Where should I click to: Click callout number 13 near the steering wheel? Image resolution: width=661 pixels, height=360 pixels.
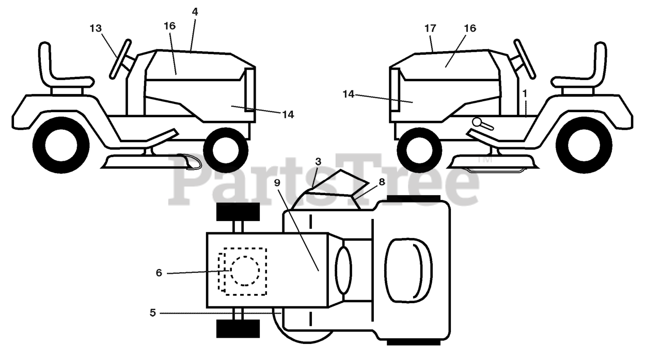coord(96,28)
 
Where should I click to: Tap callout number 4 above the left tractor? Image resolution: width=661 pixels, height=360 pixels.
coord(195,11)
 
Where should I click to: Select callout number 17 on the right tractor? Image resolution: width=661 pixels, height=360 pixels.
coord(430,28)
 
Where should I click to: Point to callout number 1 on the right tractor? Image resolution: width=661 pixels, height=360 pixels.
coord(525,93)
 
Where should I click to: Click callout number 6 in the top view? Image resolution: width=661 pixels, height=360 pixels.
coord(159,273)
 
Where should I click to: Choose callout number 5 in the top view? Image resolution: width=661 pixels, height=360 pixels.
coord(152,312)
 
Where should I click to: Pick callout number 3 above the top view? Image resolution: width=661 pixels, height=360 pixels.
coord(318,162)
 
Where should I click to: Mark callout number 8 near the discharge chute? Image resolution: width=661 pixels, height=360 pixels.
coord(382,182)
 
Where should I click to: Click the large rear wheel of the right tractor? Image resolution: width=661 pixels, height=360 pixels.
coord(590,145)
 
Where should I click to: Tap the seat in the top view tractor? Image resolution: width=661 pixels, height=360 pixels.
coord(408,270)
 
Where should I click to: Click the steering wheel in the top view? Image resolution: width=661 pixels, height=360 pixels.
coord(343,270)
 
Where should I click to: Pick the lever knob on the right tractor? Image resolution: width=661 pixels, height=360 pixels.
coord(477,122)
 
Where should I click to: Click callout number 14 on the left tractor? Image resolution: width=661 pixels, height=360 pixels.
coord(288,115)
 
